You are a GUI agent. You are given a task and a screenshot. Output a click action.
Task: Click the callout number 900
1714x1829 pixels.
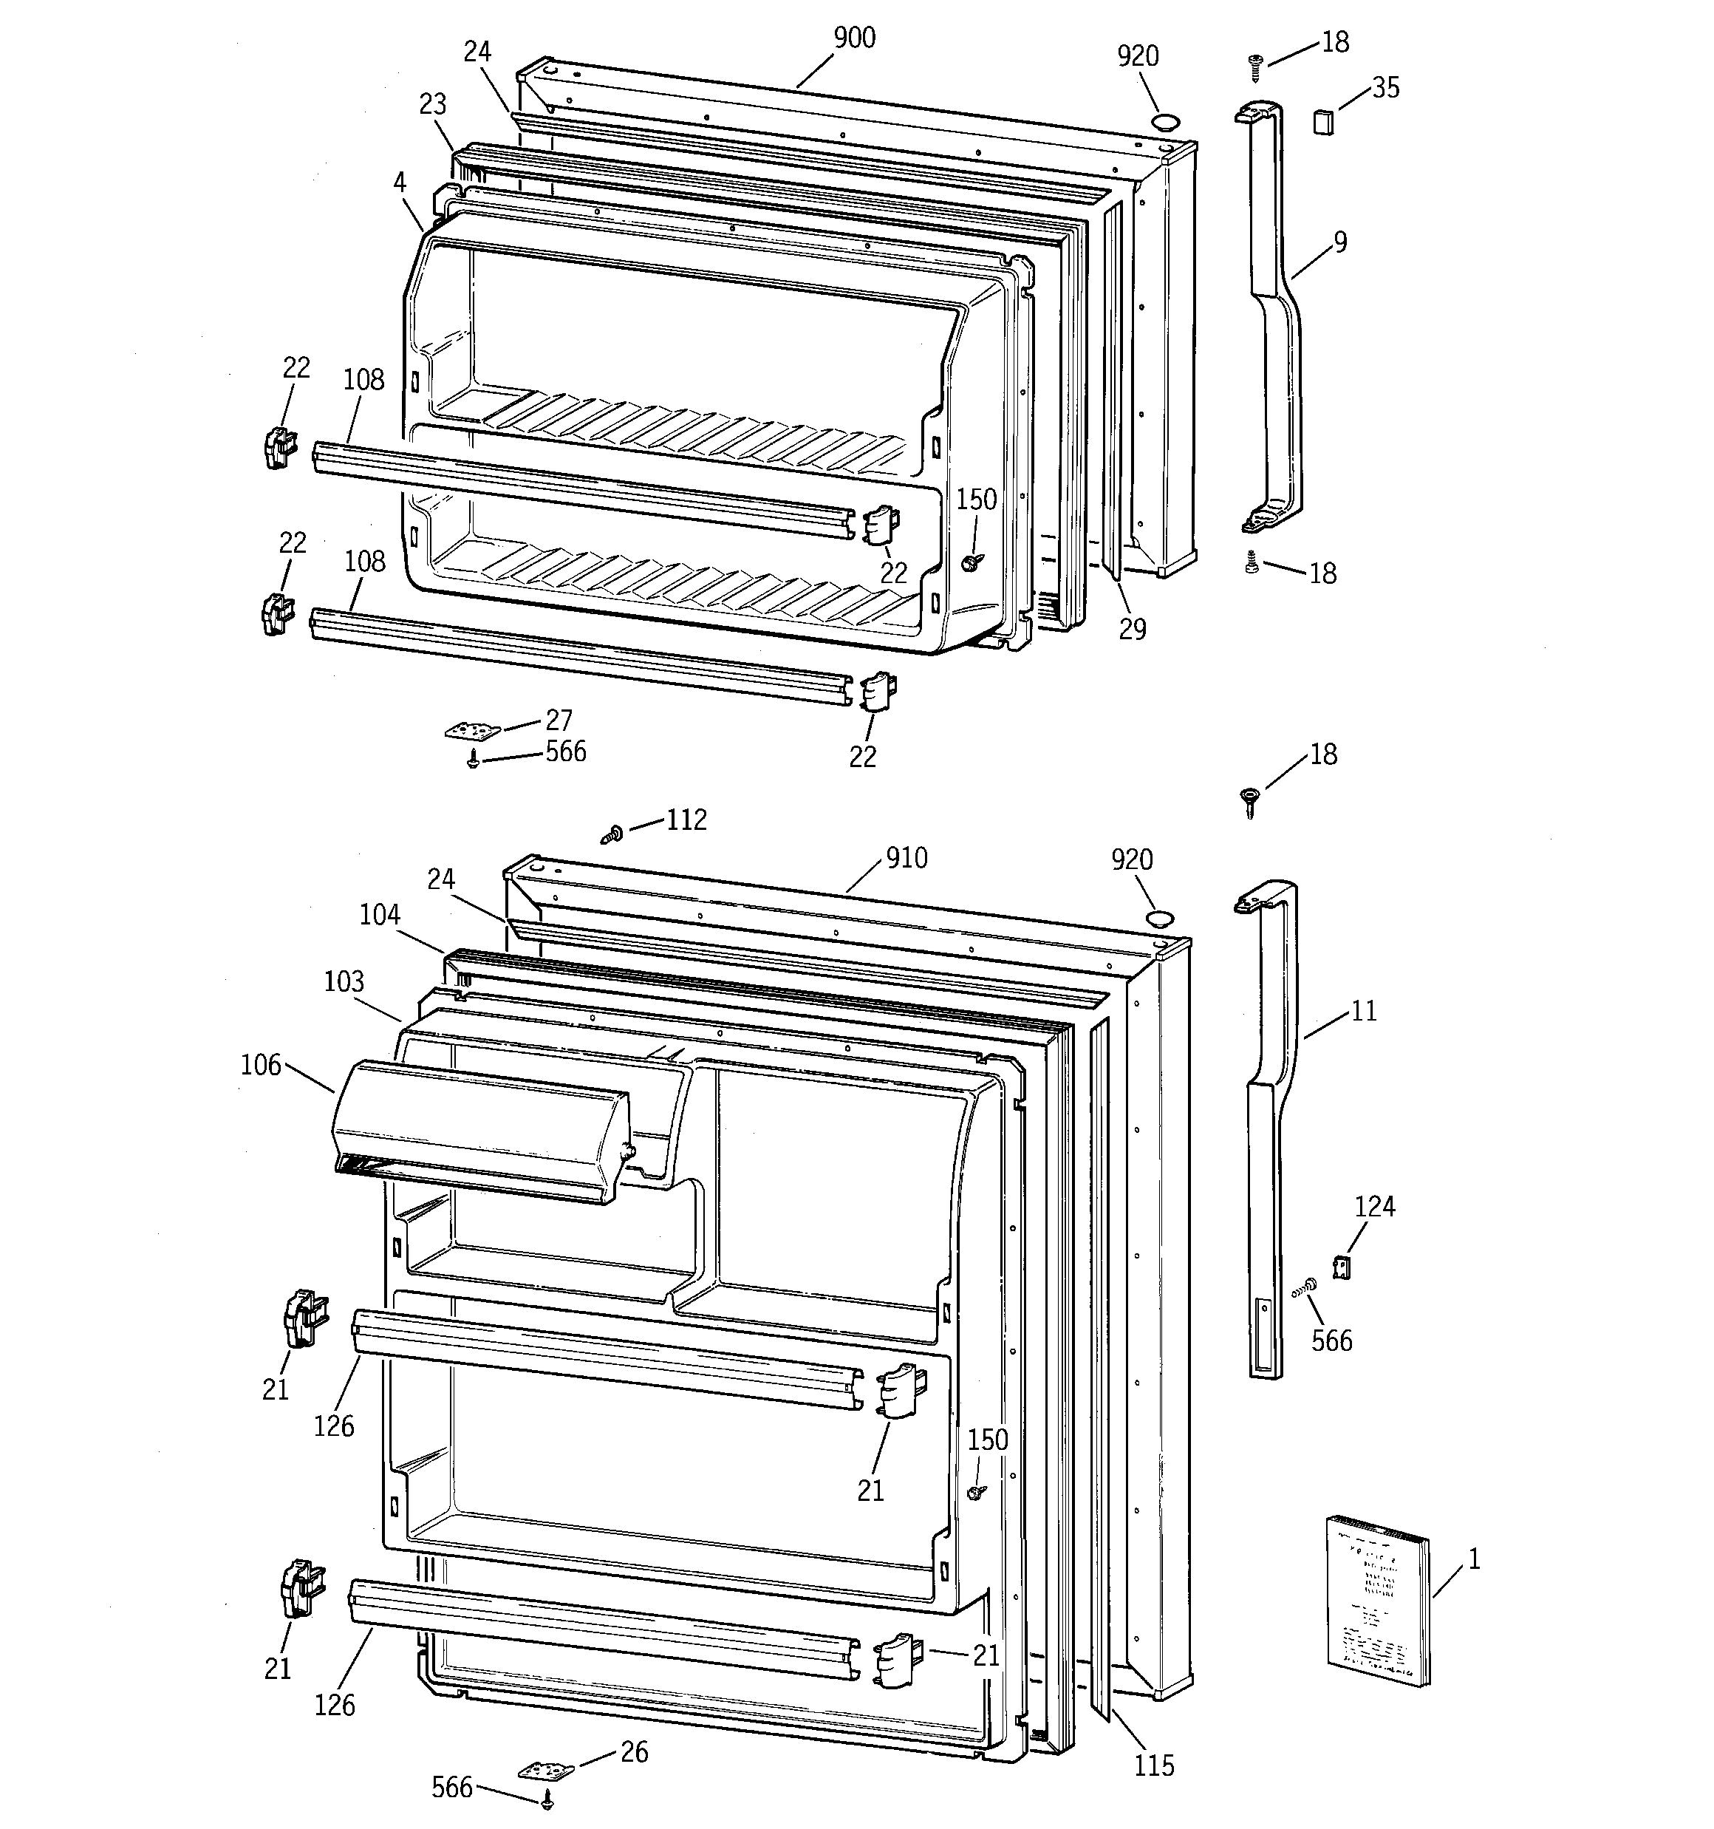(x=854, y=38)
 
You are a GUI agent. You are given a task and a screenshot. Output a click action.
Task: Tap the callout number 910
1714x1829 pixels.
(x=906, y=859)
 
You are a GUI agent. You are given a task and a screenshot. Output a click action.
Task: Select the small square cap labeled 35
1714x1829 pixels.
(x=1323, y=120)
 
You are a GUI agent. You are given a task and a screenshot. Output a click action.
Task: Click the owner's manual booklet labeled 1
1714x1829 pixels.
(x=1377, y=1601)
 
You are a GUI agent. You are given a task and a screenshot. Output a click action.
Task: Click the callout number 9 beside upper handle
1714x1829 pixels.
(x=1339, y=242)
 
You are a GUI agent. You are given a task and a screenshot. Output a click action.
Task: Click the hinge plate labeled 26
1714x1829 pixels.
(x=545, y=1769)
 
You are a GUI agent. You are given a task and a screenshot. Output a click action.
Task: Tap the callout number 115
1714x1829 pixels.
(x=1154, y=1765)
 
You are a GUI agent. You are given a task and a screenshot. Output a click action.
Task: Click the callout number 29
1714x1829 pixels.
(x=1133, y=630)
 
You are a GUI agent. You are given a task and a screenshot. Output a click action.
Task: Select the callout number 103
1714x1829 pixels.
(x=344, y=981)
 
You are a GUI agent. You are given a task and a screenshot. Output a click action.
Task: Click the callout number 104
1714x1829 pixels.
(x=379, y=915)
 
